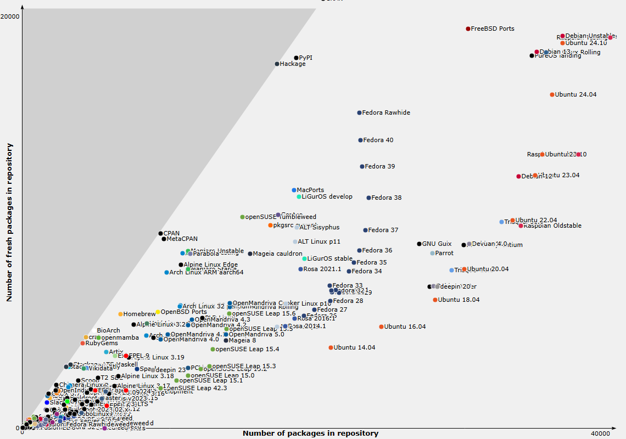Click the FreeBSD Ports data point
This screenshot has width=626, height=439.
[468, 29]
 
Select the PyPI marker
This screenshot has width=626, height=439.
[296, 58]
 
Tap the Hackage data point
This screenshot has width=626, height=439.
[277, 64]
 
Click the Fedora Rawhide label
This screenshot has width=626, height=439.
[387, 113]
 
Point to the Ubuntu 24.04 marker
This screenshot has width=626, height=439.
[552, 95]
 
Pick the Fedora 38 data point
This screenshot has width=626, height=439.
[369, 198]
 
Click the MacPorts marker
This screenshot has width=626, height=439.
[294, 190]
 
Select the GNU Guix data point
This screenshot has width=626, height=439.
[419, 244]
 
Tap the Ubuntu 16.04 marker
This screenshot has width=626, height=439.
[381, 327]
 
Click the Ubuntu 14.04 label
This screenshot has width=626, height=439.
[354, 348]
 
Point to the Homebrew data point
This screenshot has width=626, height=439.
[120, 314]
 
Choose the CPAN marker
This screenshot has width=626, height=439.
[161, 234]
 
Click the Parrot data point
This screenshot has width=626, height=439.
[432, 254]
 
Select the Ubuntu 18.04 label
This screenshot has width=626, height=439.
[459, 300]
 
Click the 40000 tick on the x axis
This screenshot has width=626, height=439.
[601, 434]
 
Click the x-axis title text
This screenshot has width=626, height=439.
[310, 434]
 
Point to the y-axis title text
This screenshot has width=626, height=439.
[9, 222]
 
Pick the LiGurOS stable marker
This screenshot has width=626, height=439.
[304, 258]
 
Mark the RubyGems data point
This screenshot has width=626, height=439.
[83, 344]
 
